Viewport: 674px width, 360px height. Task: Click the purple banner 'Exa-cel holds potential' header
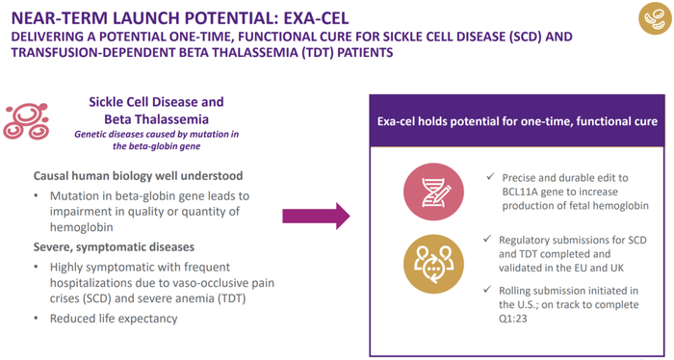pyautogui.click(x=517, y=122)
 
